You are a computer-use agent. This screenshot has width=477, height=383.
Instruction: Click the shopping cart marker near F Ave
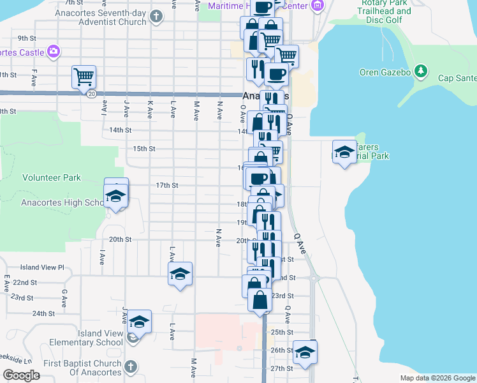84,77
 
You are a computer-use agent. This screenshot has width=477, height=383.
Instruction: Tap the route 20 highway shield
92,94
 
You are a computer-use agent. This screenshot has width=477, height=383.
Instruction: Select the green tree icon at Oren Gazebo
420,70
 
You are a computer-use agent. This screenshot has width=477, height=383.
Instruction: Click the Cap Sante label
457,79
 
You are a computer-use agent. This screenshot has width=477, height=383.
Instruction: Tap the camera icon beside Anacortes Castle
55,51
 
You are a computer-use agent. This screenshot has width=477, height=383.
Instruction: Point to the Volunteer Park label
52,177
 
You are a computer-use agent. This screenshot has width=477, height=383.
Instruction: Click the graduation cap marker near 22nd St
180,274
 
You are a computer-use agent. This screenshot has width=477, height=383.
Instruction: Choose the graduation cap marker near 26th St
305,352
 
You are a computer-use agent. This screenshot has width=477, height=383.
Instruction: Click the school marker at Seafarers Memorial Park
344,152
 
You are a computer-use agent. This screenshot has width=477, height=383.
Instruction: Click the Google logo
21,375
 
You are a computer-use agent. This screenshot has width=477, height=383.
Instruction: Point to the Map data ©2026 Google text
437,378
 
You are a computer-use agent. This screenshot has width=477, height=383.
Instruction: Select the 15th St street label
143,149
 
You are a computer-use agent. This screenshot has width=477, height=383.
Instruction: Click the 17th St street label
166,185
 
